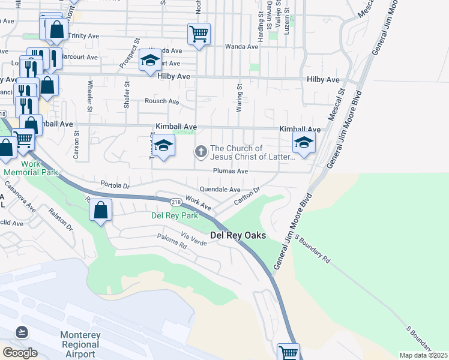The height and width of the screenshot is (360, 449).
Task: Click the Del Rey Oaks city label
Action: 238,236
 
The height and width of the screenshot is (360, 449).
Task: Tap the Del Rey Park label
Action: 174,215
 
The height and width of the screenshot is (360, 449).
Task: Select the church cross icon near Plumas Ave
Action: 200,152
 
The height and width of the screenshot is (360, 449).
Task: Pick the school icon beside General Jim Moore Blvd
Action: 304,143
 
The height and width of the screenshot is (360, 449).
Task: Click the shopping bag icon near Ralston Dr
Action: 100,210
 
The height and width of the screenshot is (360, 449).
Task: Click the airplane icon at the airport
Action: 22,331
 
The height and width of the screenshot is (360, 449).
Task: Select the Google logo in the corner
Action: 20,352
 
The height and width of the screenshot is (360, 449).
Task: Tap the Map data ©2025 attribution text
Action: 423,355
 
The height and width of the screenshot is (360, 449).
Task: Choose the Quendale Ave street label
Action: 220,189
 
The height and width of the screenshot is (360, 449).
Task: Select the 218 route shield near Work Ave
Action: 176,202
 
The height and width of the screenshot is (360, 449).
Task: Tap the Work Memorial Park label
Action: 31,168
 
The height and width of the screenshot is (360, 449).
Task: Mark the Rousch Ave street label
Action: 162,101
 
